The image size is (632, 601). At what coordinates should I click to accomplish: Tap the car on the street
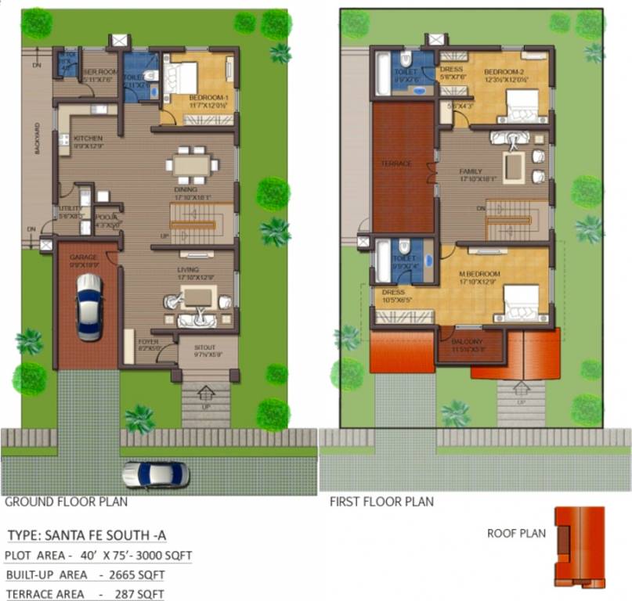pos(156,474)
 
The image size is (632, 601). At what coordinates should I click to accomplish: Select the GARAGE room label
pos(84,257)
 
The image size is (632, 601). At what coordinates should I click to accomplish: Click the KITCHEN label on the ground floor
pos(88,139)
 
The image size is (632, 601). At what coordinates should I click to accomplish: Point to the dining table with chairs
pos(192,164)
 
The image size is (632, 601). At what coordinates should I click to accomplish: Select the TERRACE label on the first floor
pos(395,165)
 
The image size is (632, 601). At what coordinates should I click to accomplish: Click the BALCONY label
pos(468,342)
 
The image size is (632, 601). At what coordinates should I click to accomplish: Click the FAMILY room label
pos(471,171)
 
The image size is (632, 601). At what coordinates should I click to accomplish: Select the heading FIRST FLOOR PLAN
pos(381,502)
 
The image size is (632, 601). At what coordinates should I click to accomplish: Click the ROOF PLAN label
pos(515,534)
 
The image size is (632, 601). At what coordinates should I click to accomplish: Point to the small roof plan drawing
pos(580,546)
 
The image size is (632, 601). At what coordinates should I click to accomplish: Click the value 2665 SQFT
pos(150,575)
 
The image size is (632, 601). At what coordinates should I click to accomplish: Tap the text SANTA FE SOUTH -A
pos(110,536)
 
